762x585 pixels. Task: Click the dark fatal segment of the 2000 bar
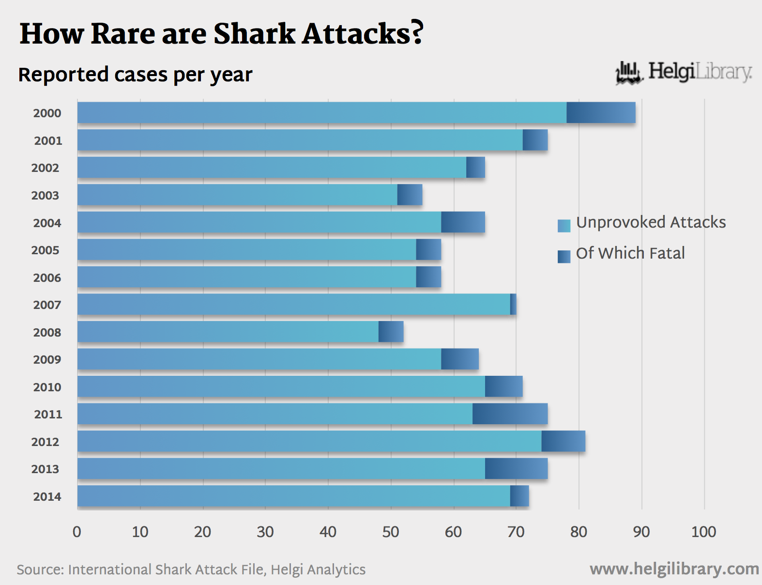click(601, 113)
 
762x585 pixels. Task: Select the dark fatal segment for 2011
click(510, 414)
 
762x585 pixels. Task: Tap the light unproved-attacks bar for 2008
click(228, 332)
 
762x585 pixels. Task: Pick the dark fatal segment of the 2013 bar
click(516, 469)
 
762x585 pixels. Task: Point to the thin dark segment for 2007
click(513, 305)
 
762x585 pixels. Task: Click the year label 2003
click(45, 196)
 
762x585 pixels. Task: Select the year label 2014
click(47, 497)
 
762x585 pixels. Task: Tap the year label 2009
click(47, 360)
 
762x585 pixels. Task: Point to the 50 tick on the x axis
click(391, 532)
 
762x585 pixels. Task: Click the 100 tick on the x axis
click(703, 532)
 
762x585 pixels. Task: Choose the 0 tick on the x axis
click(77, 532)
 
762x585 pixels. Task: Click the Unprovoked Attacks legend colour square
click(564, 226)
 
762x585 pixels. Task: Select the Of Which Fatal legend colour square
click(564, 257)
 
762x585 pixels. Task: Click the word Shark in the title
click(254, 34)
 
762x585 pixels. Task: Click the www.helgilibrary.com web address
click(674, 569)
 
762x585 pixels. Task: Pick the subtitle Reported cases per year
click(135, 75)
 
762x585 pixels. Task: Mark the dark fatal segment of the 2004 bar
click(463, 222)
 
